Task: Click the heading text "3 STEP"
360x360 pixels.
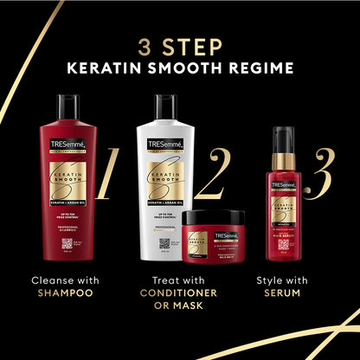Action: (x=180, y=44)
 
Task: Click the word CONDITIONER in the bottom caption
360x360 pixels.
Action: (x=179, y=293)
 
